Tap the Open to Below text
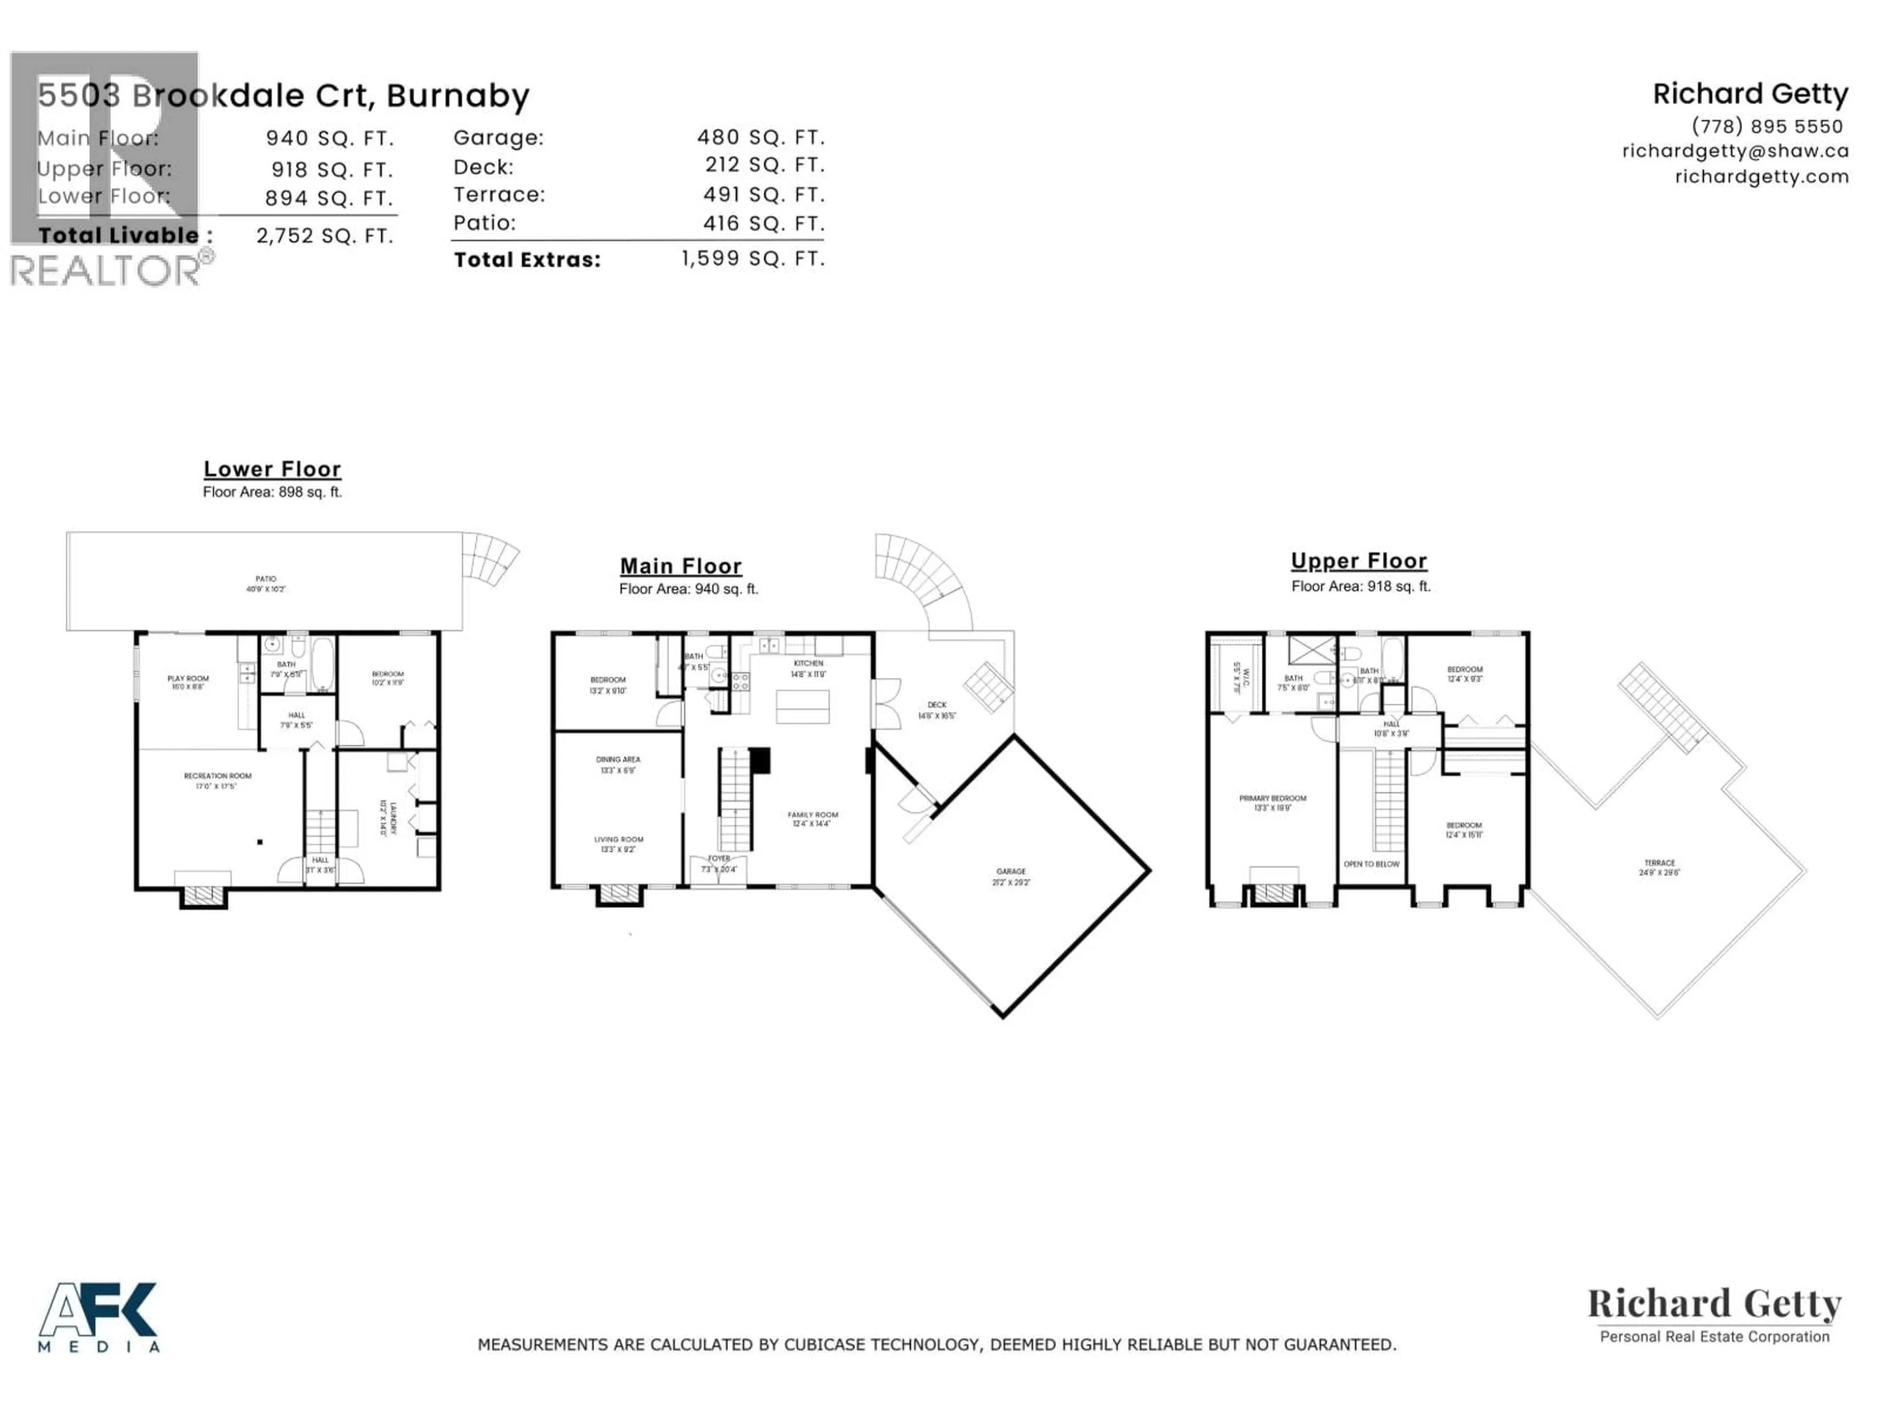click(1371, 864)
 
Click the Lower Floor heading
click(272, 469)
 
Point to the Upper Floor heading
click(1358, 561)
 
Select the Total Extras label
click(527, 260)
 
